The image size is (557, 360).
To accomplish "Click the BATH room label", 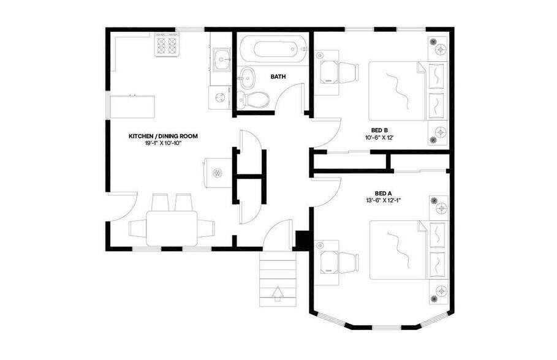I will pos(278,77).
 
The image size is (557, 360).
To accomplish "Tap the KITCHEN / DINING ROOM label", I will pos(162,136).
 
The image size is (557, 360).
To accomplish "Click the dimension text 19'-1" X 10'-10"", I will pos(162,143).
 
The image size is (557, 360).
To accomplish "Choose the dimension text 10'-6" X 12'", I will pos(378,137).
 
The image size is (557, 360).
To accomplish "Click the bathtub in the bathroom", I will pos(271,48).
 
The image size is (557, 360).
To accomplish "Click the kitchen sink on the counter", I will pos(222,60).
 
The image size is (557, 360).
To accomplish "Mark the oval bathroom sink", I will pos(248,77).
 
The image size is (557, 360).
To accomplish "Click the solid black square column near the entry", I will pos(303,239).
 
